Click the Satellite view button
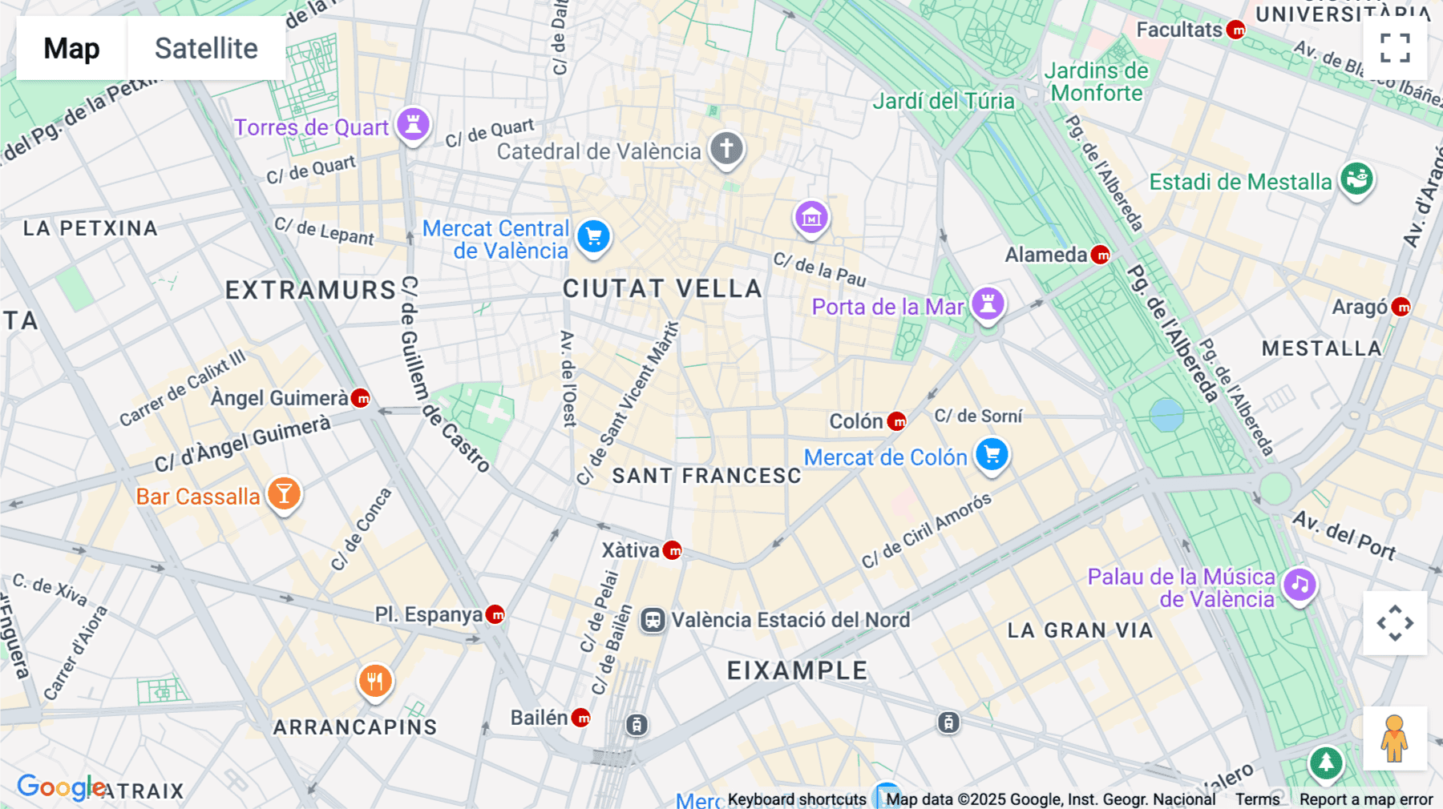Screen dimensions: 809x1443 [x=206, y=48]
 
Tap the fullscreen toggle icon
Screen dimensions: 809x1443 [x=1395, y=48]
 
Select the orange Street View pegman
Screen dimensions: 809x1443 [x=1394, y=739]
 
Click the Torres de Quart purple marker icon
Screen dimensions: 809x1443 [x=413, y=125]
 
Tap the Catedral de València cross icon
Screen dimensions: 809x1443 [x=726, y=148]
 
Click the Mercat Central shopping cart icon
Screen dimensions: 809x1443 [x=594, y=237]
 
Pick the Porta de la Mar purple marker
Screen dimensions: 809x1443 [x=988, y=304]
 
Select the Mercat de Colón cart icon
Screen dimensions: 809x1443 [x=992, y=455]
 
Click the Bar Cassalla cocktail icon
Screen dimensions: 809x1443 [x=284, y=494]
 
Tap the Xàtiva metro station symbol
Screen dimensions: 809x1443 [x=673, y=550]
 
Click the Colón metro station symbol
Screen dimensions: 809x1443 [x=898, y=421]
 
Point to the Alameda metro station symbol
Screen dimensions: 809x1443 [x=1102, y=255]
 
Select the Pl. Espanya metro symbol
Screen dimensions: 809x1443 [x=496, y=614]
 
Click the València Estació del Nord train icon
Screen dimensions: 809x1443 [x=653, y=620]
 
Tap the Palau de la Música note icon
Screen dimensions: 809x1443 [x=1300, y=585]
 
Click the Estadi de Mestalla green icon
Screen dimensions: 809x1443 [x=1356, y=179]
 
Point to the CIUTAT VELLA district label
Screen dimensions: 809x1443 [x=662, y=288]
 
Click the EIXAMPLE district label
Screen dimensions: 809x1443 [x=797, y=670]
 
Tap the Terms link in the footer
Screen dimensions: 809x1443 [x=1257, y=799]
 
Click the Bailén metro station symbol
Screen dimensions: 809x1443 [x=582, y=718]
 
